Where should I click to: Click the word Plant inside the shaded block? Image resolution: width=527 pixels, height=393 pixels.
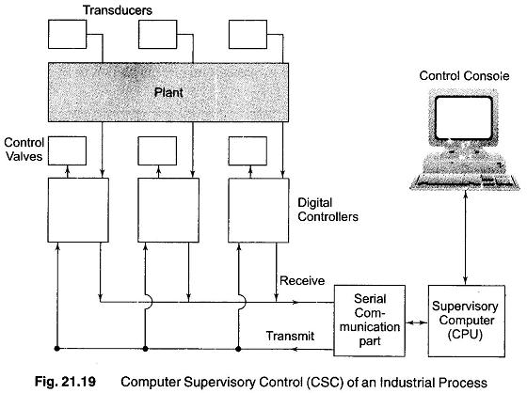coord(168,92)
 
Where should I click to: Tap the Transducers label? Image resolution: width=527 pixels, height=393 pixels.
coord(118,10)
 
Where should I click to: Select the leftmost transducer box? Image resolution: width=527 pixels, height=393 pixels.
coord(67,34)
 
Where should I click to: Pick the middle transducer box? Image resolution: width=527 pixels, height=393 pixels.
coord(158,34)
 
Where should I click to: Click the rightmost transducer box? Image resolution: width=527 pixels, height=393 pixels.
coord(248,34)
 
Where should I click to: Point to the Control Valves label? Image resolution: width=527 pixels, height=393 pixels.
coord(24,149)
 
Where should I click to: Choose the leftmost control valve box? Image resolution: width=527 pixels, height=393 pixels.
coord(67,150)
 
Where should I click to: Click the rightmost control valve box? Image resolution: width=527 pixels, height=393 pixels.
coord(248,150)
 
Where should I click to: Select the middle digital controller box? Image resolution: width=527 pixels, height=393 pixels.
coord(168,210)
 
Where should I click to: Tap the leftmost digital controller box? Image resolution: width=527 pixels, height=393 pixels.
coord(78,210)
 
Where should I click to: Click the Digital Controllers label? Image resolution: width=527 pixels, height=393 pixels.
coord(327,210)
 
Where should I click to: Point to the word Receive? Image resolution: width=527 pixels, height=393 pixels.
coord(302,280)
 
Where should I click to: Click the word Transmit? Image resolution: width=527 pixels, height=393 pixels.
coord(290,336)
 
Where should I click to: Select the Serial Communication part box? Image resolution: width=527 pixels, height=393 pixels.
coord(369,321)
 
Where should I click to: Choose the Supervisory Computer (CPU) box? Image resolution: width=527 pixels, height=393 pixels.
coord(467,321)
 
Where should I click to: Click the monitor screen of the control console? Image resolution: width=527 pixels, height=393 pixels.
coord(464,118)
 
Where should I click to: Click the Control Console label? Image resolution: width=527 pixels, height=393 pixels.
coord(464,75)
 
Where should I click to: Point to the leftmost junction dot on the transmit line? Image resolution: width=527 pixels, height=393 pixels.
coord(57,349)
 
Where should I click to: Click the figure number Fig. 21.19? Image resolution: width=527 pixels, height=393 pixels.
coord(65,382)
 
